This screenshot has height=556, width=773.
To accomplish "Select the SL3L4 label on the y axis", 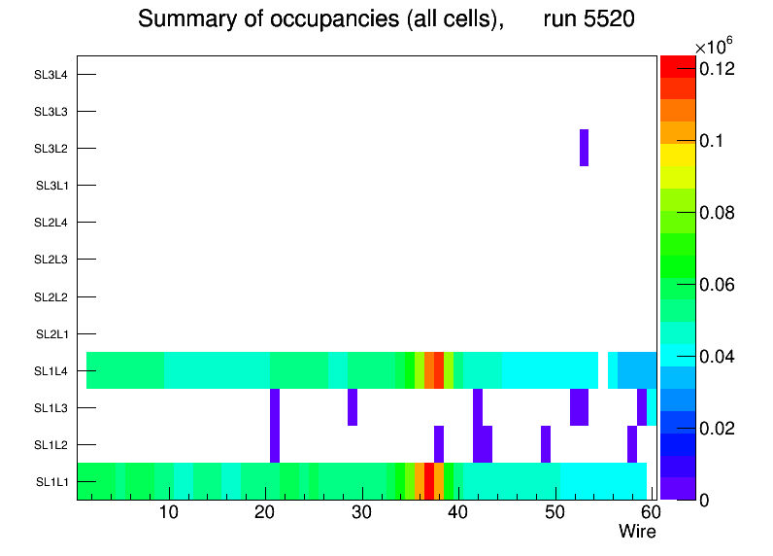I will pyautogui.click(x=50, y=75).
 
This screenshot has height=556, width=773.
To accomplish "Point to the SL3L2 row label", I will pyautogui.click(x=50, y=149).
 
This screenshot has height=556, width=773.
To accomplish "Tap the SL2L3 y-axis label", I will pyautogui.click(x=50, y=260).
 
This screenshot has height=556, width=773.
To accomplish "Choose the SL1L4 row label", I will pyautogui.click(x=50, y=371).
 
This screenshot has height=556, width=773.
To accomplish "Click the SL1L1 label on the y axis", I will pyautogui.click(x=50, y=482).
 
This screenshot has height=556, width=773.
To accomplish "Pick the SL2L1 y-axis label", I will pyautogui.click(x=50, y=334).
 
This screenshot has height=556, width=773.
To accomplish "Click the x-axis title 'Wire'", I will pyautogui.click(x=637, y=532).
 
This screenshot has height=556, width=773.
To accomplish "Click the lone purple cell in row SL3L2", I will pyautogui.click(x=584, y=148).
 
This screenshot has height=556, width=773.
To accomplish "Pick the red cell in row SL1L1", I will pyautogui.click(x=429, y=481).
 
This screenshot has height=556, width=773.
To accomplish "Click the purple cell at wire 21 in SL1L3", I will pyautogui.click(x=275, y=407).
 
